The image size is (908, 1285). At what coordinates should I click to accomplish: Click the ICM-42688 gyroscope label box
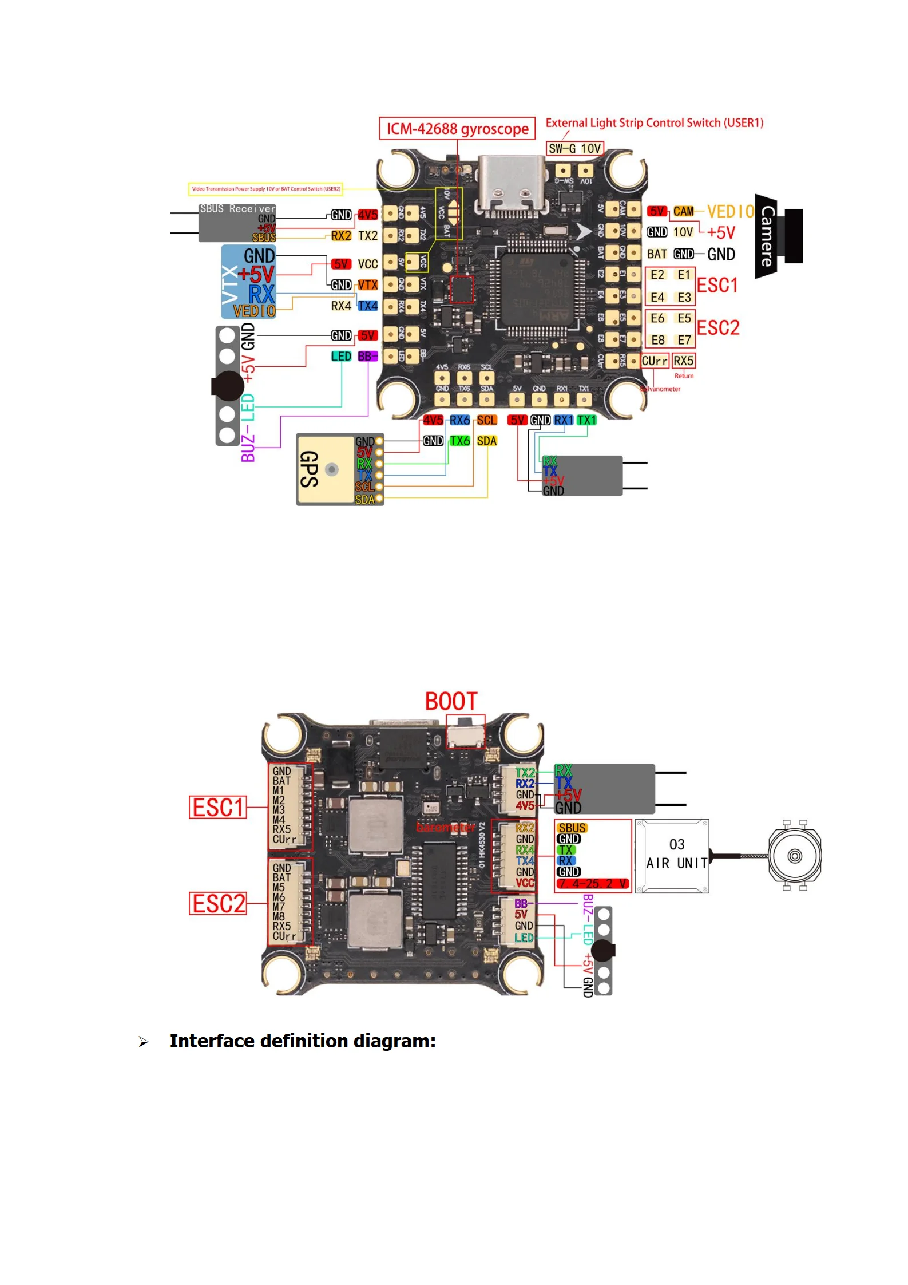click(x=457, y=128)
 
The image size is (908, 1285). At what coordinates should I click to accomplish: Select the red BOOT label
click(x=451, y=701)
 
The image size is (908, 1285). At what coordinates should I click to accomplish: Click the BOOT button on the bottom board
click(x=465, y=734)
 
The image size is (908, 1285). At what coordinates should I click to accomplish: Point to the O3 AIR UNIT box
click(x=672, y=855)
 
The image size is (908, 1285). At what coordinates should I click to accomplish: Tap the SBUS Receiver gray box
click(x=237, y=223)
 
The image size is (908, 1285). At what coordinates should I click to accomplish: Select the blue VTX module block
click(x=248, y=282)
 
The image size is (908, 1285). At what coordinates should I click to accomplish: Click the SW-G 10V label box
click(x=574, y=149)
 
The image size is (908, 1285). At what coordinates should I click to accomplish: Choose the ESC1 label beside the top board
click(x=717, y=285)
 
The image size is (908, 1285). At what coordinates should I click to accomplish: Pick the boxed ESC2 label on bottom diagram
click(x=218, y=904)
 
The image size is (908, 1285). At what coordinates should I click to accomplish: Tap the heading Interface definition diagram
click(x=302, y=1041)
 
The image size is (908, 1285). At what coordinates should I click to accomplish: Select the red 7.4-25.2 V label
click(x=592, y=883)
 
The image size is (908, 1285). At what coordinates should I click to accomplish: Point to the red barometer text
click(x=445, y=827)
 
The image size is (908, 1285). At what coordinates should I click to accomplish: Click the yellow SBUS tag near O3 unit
click(x=572, y=828)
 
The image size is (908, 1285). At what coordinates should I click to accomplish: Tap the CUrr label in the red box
click(x=654, y=361)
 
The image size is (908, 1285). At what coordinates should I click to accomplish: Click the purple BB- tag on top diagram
click(x=367, y=357)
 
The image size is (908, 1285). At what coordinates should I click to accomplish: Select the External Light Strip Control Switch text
click(x=654, y=123)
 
